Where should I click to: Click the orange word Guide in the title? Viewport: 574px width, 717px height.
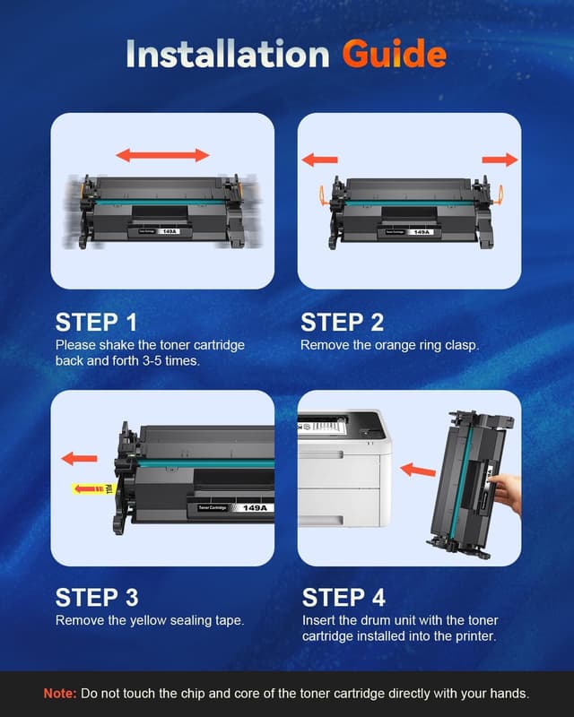click(394, 54)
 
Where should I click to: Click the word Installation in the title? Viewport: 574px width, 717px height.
click(228, 54)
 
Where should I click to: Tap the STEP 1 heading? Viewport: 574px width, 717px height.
click(96, 323)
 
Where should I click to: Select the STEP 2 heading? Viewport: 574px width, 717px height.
click(342, 323)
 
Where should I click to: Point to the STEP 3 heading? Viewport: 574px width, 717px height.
click(97, 598)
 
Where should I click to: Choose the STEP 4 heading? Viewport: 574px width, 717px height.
click(344, 598)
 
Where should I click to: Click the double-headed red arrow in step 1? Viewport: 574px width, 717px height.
click(162, 155)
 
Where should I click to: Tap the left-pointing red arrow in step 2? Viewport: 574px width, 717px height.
click(320, 160)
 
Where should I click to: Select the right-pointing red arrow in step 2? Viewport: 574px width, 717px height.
click(500, 160)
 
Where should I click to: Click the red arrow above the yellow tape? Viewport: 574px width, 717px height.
click(79, 458)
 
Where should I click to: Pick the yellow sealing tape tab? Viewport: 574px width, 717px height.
click(93, 489)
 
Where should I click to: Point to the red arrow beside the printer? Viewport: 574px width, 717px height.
click(418, 470)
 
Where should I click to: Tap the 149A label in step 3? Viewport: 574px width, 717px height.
click(255, 508)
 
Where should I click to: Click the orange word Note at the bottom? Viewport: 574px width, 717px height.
click(60, 694)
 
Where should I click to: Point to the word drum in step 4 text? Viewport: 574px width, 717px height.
click(374, 620)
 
